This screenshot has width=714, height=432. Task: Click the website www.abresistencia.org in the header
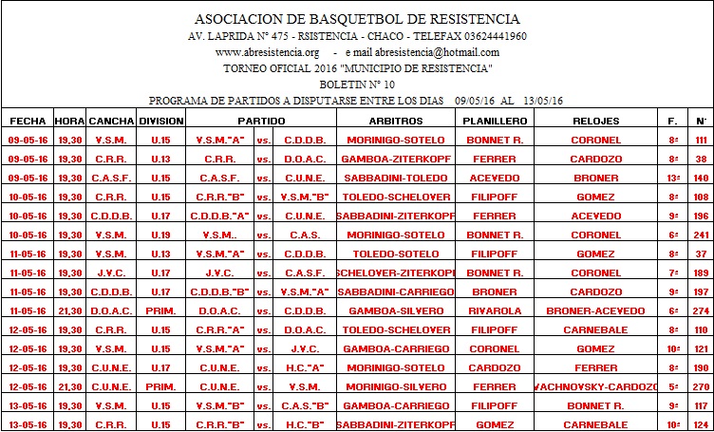coord(267,52)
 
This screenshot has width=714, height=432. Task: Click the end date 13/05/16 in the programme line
coord(540,101)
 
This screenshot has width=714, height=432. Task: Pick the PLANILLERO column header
coord(494,122)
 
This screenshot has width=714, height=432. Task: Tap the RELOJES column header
coord(596,122)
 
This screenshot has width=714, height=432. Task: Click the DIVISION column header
coord(160,122)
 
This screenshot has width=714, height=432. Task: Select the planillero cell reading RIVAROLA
coord(494,310)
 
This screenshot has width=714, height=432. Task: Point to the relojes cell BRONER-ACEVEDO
coord(596,310)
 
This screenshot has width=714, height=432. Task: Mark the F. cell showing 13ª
coord(673,178)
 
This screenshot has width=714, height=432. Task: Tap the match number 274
coord(702,310)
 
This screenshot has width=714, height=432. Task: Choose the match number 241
coord(702,235)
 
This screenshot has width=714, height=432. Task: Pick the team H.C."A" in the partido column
coord(305,367)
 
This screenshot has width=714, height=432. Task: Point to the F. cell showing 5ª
coord(673,386)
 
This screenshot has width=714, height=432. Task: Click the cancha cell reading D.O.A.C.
coord(111,310)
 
